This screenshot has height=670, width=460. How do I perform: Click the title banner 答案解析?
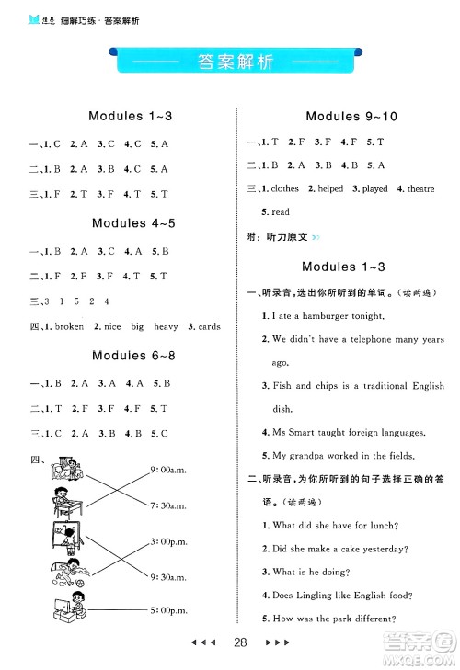tap(230, 63)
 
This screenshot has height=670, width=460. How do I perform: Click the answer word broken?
tap(69, 326)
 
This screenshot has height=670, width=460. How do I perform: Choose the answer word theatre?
tap(420, 188)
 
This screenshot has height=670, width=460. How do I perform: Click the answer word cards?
tap(209, 326)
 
